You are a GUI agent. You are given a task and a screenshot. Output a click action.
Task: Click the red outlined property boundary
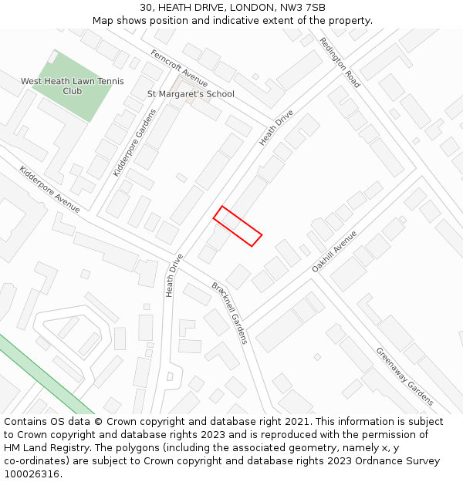(x=238, y=226)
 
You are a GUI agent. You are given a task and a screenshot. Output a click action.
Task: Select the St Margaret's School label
(x=191, y=94)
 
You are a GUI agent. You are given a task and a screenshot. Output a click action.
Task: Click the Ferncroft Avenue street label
(x=180, y=69)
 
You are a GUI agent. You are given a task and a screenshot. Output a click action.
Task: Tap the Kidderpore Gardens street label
(x=134, y=143)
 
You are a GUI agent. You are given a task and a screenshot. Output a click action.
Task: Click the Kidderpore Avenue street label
(x=49, y=189)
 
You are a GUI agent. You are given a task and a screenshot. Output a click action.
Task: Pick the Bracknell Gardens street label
(x=229, y=312)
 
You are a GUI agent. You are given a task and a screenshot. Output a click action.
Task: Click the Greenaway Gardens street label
(x=404, y=376)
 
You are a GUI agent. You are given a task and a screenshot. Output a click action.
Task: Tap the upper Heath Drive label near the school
(x=276, y=127)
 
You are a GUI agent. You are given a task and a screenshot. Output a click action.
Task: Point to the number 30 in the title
(x=146, y=8)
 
